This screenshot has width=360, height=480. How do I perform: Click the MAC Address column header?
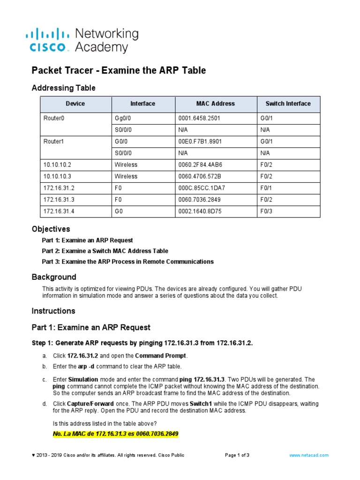[216, 104]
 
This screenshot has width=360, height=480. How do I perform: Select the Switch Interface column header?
[288, 104]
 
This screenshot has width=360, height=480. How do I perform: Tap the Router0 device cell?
[53, 118]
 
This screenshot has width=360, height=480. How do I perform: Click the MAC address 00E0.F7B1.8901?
[197, 141]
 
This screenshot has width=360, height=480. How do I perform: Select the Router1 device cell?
[53, 141]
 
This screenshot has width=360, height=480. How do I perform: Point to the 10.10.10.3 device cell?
[57, 176]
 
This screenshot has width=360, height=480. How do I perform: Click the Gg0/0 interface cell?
[124, 118]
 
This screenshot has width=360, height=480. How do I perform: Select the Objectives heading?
[51, 229]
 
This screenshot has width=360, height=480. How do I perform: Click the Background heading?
[53, 277]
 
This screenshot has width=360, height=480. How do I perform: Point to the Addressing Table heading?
[63, 88]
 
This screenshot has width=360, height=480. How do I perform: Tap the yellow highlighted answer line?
[116, 434]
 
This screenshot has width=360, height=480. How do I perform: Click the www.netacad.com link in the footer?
[309, 455]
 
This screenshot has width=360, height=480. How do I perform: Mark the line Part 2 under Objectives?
[105, 251]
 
